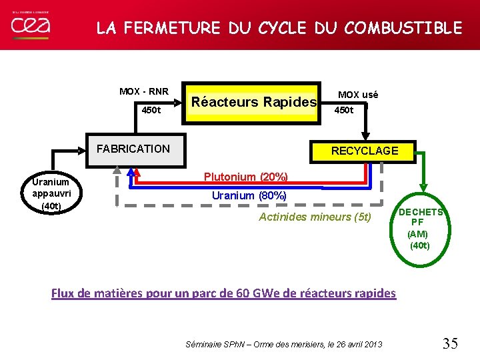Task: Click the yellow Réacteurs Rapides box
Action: click(x=253, y=102)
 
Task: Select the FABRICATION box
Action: click(x=133, y=149)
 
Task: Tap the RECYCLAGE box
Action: click(x=365, y=151)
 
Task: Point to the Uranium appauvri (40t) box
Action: click(x=51, y=194)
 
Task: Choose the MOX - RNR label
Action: click(x=144, y=91)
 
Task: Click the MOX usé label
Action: click(x=357, y=95)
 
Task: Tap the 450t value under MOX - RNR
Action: click(x=151, y=110)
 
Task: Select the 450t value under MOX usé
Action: click(x=344, y=110)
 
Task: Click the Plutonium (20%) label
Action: click(x=246, y=177)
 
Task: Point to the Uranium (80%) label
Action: click(x=249, y=195)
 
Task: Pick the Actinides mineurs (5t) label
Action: click(x=315, y=217)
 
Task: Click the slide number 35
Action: click(x=450, y=343)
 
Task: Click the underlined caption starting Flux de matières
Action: click(x=223, y=293)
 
